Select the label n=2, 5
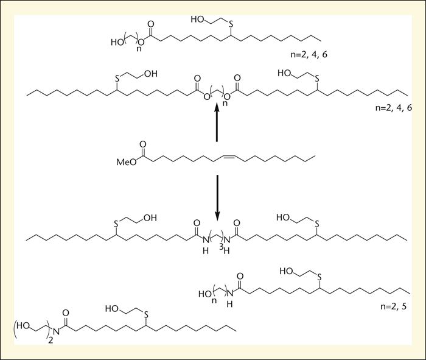pos(393,306)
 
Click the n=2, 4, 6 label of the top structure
pos(309,54)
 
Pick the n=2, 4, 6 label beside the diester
pos(394,108)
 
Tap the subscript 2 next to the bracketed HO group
pos(51,341)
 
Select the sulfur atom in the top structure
pos(231,25)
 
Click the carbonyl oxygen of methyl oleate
pos(142,144)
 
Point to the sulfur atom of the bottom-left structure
pos(146,314)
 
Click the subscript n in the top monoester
pos(139,49)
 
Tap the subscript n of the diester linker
pos(225,104)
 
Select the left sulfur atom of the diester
pos(117,79)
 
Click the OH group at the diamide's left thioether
pos(150,217)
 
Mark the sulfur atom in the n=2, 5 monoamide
pos(319,277)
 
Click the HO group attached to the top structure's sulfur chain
pos(197,19)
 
